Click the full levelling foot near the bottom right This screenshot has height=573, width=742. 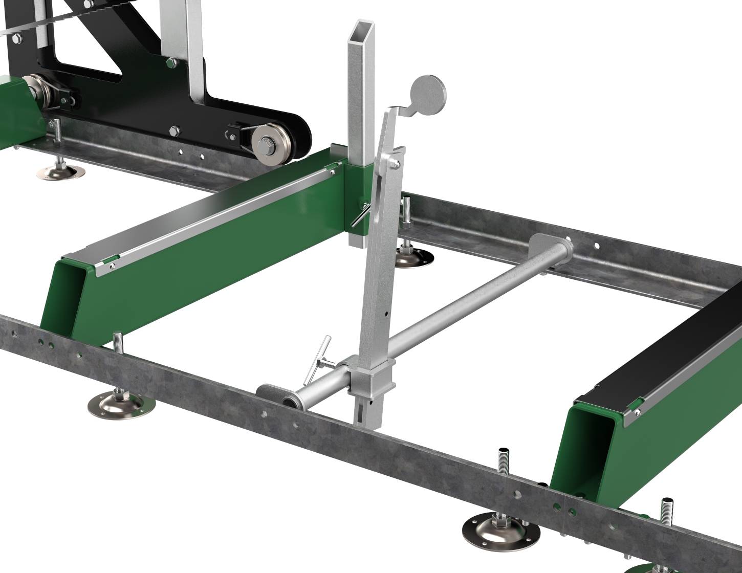tap(494, 529)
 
